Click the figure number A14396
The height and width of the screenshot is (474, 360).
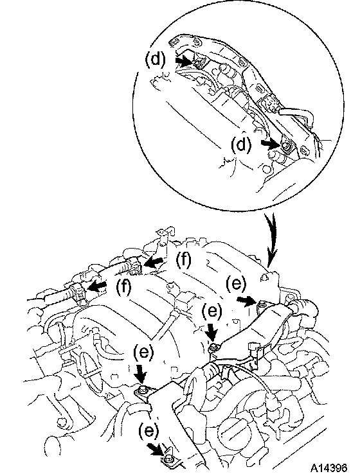[x=328, y=468]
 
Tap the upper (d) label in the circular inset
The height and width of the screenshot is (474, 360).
[x=156, y=58]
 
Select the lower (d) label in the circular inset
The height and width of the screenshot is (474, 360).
[x=241, y=145]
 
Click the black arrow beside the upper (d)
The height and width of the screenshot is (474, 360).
[x=184, y=61]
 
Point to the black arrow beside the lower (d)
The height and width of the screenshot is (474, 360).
[x=271, y=145]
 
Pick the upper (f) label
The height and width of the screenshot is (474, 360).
[x=184, y=260]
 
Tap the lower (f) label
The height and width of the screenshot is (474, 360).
[x=123, y=286]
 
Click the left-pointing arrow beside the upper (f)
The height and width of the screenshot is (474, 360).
[x=154, y=263]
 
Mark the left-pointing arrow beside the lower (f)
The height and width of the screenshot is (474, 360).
[x=96, y=286]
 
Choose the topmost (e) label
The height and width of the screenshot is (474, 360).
[x=236, y=283]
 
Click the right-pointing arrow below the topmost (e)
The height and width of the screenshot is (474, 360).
[x=247, y=300]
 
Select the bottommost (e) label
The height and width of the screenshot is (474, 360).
[x=149, y=430]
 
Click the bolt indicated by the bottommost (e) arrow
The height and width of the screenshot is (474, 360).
[x=168, y=459]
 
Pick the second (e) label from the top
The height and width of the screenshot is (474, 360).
[x=212, y=310]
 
